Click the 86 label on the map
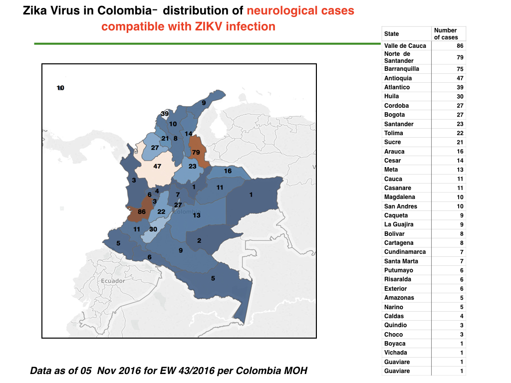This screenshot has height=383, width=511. pyautogui.click(x=141, y=211)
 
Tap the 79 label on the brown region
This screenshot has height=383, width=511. pyautogui.click(x=196, y=153)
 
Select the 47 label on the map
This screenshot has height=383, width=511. pyautogui.click(x=157, y=167)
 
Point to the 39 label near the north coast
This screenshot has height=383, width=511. pyautogui.click(x=165, y=114)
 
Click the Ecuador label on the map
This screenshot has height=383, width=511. pyautogui.click(x=113, y=281)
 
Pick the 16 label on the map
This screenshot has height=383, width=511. pyautogui.click(x=228, y=171)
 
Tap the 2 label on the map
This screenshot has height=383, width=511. pyautogui.click(x=199, y=241)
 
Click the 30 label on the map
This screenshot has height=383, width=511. pyautogui.click(x=153, y=229)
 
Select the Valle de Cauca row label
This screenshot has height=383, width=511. pyautogui.click(x=405, y=46)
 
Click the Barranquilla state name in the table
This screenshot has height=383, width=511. pyautogui.click(x=402, y=69)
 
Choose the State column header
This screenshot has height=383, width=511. pyautogui.click(x=391, y=34)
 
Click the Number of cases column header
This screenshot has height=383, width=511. pyautogui.click(x=446, y=34)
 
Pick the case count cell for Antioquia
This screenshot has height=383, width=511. pyautogui.click(x=460, y=78)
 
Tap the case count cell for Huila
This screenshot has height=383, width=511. pyautogui.click(x=460, y=96)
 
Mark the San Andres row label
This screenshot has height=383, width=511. pyautogui.click(x=401, y=206)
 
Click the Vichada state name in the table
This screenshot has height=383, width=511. pyautogui.click(x=396, y=353)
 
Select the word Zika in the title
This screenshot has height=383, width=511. pyautogui.click(x=33, y=11)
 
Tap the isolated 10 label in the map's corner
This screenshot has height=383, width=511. pyautogui.click(x=60, y=88)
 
